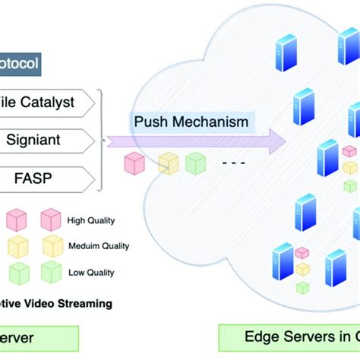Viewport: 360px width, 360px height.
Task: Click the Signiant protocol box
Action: coord(46,140)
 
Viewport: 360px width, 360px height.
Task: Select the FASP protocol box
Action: coord(46,179)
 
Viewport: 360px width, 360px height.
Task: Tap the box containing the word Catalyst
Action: coord(46,101)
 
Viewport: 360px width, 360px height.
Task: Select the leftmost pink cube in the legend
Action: coord(17,220)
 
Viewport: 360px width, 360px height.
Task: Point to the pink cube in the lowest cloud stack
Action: coord(302,252)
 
